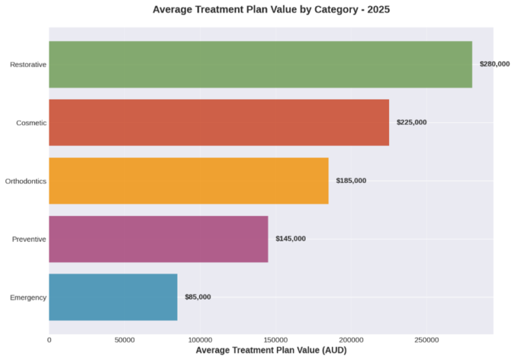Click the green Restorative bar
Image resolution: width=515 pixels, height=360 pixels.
click(260, 64)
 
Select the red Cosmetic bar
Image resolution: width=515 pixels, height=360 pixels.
click(219, 123)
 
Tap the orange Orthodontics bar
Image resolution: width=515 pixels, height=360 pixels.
click(188, 181)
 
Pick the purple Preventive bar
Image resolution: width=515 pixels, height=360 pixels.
click(158, 239)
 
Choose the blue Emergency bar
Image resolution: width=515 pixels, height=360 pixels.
click(113, 297)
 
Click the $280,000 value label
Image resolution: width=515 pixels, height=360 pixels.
click(495, 64)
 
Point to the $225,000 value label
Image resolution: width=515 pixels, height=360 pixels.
click(412, 123)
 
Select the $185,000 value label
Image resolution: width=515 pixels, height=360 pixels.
click(351, 181)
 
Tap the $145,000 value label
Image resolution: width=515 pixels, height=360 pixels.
click(290, 239)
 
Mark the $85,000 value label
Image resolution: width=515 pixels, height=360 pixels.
click(198, 297)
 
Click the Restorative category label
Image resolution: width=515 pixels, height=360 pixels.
click(28, 64)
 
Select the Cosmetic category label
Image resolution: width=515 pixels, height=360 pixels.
click(32, 123)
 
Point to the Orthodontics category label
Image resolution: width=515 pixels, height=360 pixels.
click(25, 181)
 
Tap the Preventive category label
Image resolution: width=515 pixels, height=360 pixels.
click(29, 239)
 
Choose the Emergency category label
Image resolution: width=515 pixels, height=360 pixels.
click(28, 297)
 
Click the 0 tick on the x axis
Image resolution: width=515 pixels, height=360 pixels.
click(49, 341)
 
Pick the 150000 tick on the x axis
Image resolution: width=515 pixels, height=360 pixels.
click(276, 341)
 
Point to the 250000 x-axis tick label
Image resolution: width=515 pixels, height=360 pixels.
click(427, 341)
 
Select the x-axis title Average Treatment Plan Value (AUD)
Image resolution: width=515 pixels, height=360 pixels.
click(271, 351)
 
